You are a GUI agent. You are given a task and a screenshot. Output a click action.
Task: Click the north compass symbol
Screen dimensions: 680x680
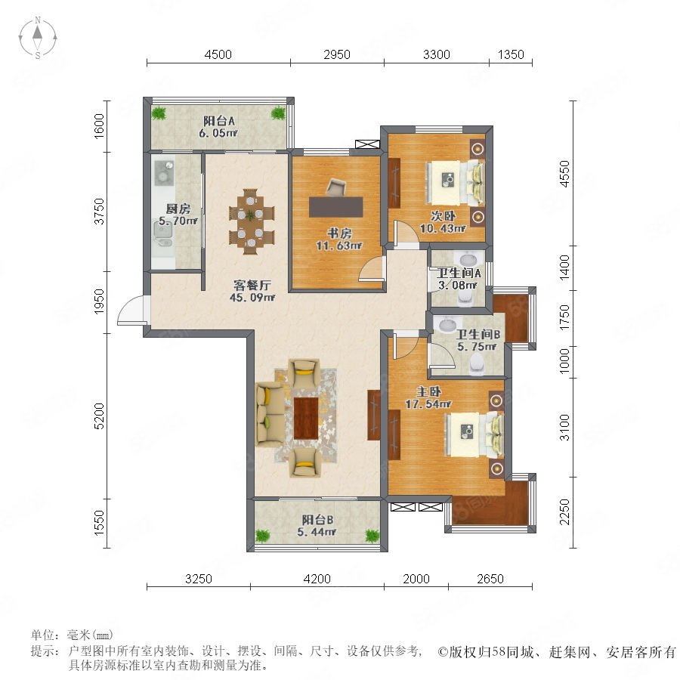pyautogui.click(x=38, y=38)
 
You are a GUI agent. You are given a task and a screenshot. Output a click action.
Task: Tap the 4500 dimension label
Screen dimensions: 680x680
pyautogui.click(x=218, y=54)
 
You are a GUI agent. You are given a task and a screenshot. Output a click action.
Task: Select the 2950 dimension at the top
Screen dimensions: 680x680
pyautogui.click(x=337, y=54)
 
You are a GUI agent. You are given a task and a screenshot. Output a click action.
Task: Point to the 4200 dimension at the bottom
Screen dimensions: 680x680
pyautogui.click(x=317, y=579)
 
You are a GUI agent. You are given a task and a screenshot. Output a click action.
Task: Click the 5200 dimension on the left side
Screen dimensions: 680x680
pyautogui.click(x=99, y=416)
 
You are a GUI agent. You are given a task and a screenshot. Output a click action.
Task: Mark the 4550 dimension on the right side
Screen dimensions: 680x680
pyautogui.click(x=564, y=174)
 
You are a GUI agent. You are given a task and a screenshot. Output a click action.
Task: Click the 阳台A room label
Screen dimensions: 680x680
pyautogui.click(x=219, y=122)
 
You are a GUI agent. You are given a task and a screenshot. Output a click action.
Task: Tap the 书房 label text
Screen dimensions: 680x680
pyautogui.click(x=339, y=233)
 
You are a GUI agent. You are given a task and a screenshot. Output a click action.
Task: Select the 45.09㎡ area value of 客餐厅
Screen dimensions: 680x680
pyautogui.click(x=252, y=298)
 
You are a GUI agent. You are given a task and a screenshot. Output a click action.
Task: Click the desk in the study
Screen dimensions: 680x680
pyautogui.click(x=336, y=207)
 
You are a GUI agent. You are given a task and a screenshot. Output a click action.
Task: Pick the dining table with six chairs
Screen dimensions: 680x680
pyautogui.click(x=252, y=221)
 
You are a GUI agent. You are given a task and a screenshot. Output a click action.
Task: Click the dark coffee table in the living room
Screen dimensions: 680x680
pyautogui.click(x=306, y=418)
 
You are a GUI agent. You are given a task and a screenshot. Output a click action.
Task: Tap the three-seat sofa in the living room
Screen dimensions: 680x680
pyautogui.click(x=270, y=414)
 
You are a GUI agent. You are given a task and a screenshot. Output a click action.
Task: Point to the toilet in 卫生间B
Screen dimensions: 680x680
pyautogui.click(x=477, y=364)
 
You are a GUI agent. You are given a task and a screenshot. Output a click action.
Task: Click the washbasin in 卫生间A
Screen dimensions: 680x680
pyautogui.click(x=468, y=259)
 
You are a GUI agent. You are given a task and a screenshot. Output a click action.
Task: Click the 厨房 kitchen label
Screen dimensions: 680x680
pyautogui.click(x=178, y=209)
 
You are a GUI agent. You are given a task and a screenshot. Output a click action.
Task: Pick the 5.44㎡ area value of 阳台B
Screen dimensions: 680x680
pyautogui.click(x=317, y=532)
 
